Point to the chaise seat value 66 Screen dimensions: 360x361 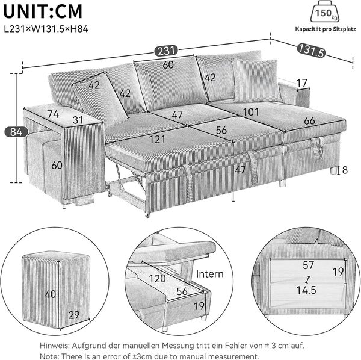coord(309,120)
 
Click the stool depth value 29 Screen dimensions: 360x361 coord(74,315)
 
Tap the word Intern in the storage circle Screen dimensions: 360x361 coord(209,274)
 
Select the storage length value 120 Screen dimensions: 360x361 coord(157,279)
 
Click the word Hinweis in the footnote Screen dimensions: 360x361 coord(56,346)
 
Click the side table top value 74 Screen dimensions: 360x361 coord(53,113)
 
